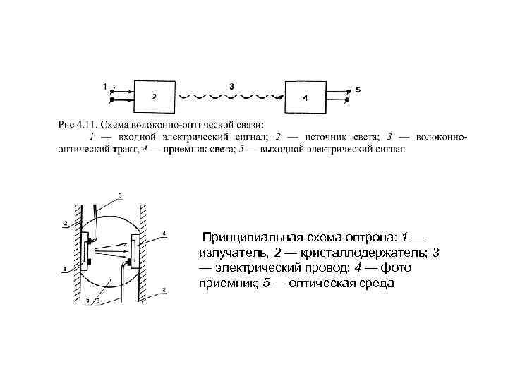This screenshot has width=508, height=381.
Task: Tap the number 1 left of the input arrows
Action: click(x=104, y=87)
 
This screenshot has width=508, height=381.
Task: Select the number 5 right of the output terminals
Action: click(x=358, y=90)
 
